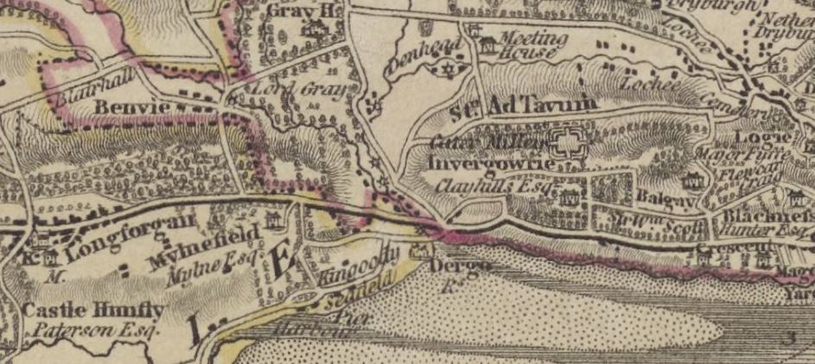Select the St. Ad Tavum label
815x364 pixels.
524,105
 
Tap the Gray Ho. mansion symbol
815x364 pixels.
309,29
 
